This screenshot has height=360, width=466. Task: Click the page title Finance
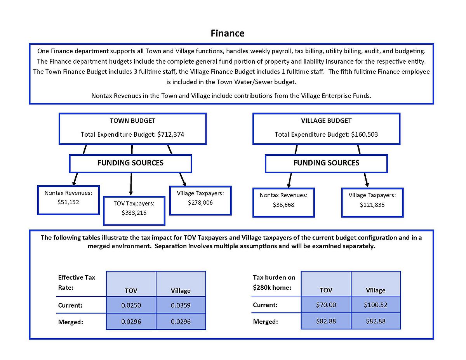(228, 33)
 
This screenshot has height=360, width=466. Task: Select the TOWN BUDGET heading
(132, 121)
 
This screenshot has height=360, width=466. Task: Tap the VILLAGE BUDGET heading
(326, 121)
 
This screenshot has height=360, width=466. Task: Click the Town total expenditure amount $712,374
(171, 134)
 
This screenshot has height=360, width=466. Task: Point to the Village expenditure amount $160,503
(364, 134)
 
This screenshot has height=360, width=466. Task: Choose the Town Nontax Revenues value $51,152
(68, 202)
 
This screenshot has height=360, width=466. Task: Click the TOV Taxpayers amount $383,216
(134, 213)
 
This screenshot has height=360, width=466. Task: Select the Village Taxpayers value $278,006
(200, 203)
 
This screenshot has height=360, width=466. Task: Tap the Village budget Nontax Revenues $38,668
(283, 205)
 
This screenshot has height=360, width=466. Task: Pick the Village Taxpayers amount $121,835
(372, 205)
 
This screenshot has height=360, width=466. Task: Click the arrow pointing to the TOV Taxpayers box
(131, 184)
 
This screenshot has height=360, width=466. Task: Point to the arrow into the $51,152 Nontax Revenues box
(75, 179)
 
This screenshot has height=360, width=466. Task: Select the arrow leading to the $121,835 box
(366, 180)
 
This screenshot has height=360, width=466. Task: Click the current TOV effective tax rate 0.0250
(131, 305)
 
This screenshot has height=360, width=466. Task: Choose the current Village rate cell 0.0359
(181, 305)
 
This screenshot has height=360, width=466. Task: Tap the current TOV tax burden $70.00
(326, 305)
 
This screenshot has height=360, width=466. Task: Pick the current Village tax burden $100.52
(376, 305)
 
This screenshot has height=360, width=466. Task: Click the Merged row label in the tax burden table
(266, 322)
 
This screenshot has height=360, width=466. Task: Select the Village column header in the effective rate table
(181, 291)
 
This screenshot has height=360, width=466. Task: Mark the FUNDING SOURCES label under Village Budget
(326, 163)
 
